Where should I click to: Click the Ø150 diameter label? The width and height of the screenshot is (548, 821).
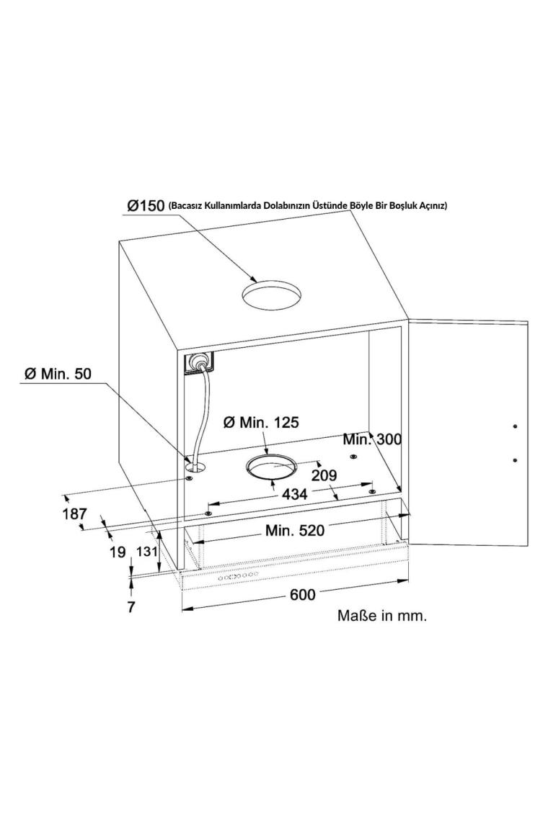coord(146,205)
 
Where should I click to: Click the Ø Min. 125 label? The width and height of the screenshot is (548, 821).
coord(260,422)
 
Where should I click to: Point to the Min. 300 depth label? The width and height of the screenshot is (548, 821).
coord(372,439)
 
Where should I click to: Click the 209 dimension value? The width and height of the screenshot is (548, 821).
coord(324,475)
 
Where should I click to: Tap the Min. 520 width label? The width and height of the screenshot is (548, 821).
coord(294,531)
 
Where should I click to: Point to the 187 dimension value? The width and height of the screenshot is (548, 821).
coord(74,514)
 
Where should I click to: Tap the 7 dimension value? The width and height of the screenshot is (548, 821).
coord(131,606)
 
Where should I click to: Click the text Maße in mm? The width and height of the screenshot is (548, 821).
coord(382,616)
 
